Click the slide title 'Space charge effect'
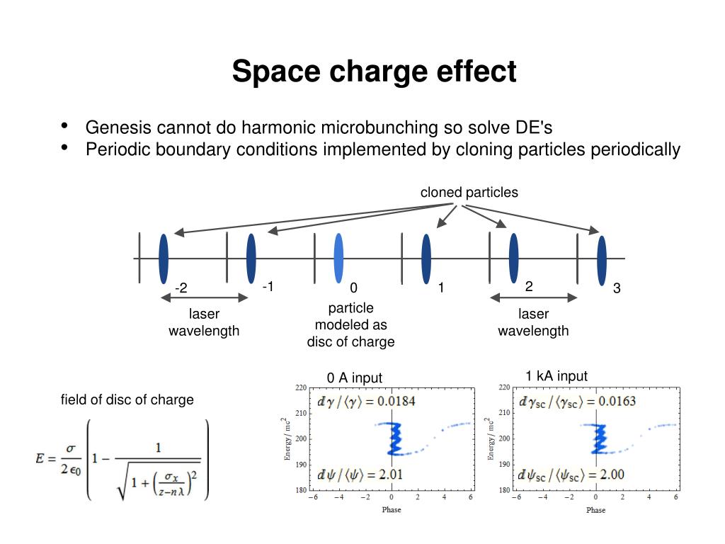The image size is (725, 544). click(374, 72)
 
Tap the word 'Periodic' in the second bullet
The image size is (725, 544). click(114, 149)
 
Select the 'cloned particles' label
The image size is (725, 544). click(469, 192)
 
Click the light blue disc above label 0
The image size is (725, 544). click(338, 258)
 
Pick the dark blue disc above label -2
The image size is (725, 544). click(164, 258)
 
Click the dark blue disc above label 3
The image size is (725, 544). click(601, 260)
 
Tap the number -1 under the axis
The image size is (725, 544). click(268, 286)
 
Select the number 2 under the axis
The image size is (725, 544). click(529, 286)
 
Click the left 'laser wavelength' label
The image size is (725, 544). click(204, 322)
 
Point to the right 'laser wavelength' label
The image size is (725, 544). click(533, 322)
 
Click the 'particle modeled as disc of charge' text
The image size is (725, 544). click(350, 325)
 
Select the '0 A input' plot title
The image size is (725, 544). click(354, 378)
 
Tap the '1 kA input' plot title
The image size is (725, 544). click(556, 376)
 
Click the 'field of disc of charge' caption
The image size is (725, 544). click(127, 399)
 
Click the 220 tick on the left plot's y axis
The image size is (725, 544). click(301, 387)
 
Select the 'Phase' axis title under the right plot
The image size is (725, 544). click(595, 510)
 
